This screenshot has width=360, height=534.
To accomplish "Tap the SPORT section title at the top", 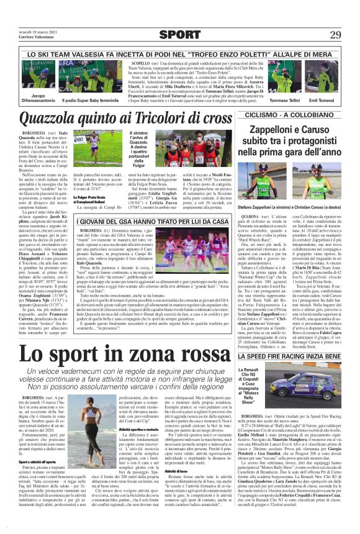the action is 180,34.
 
